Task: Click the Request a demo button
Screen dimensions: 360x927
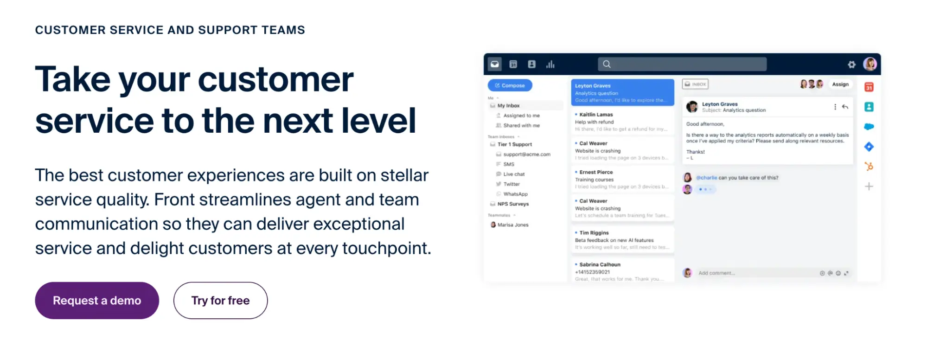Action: tap(97, 301)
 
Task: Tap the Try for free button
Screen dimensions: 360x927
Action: tap(220, 301)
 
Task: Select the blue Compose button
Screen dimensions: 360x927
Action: tap(510, 85)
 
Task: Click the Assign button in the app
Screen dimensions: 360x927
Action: tap(840, 84)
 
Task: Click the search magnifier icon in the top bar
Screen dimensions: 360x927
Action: tap(607, 64)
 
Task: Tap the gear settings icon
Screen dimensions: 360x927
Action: tap(851, 64)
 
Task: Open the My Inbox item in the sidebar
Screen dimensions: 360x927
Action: tap(508, 106)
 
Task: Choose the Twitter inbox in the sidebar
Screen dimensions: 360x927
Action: tap(511, 184)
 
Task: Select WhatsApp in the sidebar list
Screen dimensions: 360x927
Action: tap(515, 194)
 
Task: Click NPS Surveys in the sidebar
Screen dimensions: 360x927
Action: tap(512, 204)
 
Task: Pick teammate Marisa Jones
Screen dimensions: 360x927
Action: tap(512, 225)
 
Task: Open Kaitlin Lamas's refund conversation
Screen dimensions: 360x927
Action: tap(621, 122)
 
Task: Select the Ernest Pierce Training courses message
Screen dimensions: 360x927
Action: tap(621, 179)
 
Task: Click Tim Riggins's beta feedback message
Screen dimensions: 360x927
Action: tap(621, 240)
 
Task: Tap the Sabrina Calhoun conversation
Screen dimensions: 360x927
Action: tap(621, 271)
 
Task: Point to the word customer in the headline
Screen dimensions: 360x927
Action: tap(275, 80)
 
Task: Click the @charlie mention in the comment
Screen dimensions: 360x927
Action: tap(706, 178)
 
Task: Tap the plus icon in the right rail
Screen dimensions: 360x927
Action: tap(869, 186)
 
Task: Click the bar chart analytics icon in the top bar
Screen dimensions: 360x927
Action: tap(550, 64)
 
